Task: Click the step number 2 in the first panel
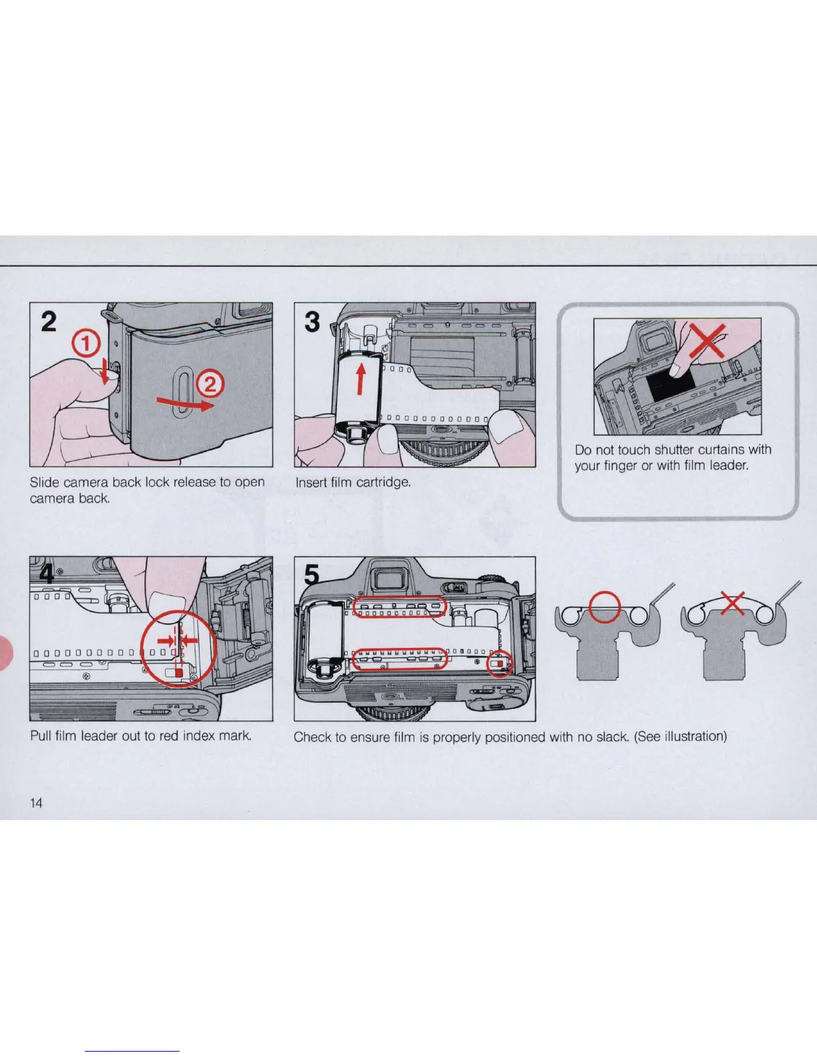coord(49,322)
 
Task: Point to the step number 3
coord(312,322)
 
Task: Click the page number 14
coord(36,802)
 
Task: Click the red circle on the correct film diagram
coord(605,607)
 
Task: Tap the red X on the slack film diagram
coord(733,604)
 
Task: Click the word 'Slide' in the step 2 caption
coord(45,482)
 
